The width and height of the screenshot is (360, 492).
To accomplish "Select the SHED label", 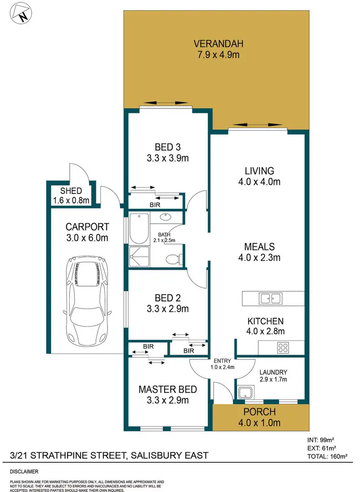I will coord(71,191).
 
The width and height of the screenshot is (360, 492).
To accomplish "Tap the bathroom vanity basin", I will coord(165,216).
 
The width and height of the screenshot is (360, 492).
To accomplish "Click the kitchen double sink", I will coord(270,298).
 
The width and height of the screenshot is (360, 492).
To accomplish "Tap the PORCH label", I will coord(260,412).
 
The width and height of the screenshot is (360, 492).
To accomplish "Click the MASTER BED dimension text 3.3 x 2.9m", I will coord(164,400).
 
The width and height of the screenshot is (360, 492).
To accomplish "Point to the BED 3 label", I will coord(167,146).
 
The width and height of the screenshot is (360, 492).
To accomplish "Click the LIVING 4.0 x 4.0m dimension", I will coord(259,181).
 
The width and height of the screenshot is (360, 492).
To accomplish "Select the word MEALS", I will coord(259,247).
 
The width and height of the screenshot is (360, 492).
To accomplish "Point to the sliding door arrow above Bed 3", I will coord(168,103).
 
